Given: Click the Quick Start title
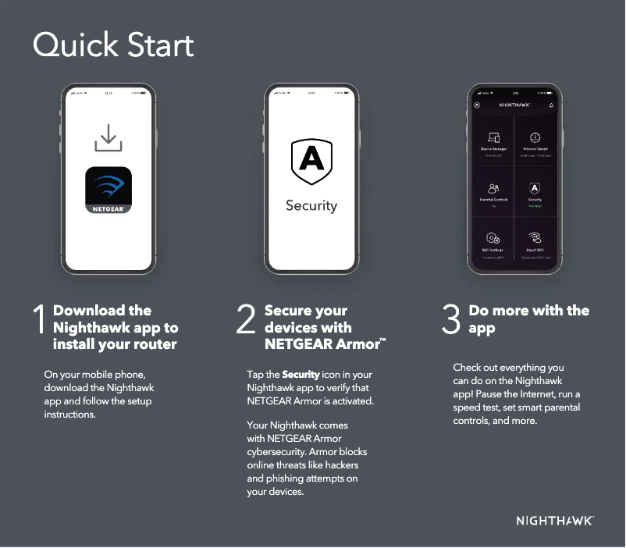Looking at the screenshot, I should point(113,45).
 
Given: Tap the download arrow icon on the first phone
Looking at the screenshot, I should point(108,139).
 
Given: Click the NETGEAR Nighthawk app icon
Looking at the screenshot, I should point(108,190).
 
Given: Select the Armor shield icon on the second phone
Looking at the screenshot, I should point(311,161).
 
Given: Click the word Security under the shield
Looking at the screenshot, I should point(311,205).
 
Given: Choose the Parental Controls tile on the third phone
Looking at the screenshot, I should point(493,192).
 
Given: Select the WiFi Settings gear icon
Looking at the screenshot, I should point(493,238).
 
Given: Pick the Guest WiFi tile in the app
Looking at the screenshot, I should point(535,241).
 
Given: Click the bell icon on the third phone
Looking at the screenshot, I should point(551,104).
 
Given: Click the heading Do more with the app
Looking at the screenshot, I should point(528,319).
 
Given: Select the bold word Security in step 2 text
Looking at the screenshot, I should point(301,375).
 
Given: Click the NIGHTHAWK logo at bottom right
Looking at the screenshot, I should point(555,521).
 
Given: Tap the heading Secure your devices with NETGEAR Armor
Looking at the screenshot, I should point(321,327).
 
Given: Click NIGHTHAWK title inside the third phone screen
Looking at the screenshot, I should point(514,104).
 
